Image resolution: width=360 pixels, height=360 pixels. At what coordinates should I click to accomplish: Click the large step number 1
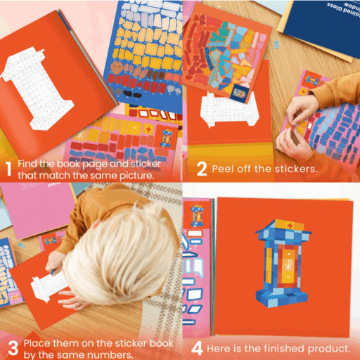coord(8,168)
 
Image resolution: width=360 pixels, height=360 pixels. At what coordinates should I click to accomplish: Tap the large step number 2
coord(202,169)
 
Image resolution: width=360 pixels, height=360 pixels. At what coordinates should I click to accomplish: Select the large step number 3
coord(13,348)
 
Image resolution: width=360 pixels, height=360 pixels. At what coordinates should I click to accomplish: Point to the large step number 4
coord(197,349)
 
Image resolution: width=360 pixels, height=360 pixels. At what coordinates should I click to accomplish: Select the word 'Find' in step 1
coord(27,164)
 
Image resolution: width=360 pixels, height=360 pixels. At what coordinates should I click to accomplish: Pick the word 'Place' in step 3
coord(37,343)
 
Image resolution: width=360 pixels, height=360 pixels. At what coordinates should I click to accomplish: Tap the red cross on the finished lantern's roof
coord(290,226)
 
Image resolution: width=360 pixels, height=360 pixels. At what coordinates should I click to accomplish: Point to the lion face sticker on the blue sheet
coord(117,67)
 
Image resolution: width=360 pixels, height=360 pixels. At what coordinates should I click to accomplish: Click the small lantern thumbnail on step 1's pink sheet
coord(166,138)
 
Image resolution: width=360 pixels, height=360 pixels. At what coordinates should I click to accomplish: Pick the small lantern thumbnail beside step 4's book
coord(196,216)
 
